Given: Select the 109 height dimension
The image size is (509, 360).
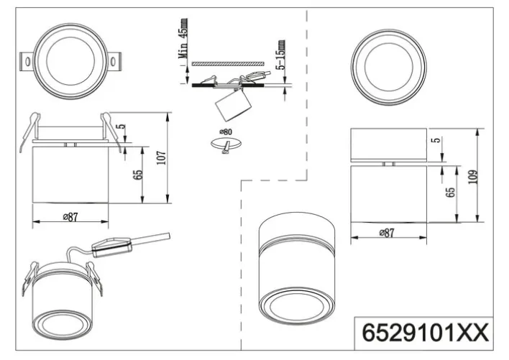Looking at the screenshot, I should tap(472, 176).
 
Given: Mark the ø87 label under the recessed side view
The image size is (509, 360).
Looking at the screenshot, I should tap(70, 218).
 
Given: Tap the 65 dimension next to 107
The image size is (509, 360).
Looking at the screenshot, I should tap(138, 175).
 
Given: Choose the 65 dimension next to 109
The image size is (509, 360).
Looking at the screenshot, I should tap(451, 193).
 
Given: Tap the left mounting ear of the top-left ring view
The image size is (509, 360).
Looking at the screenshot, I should tap(27, 62).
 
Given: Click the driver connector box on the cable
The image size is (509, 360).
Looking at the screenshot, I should tap(111, 247).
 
